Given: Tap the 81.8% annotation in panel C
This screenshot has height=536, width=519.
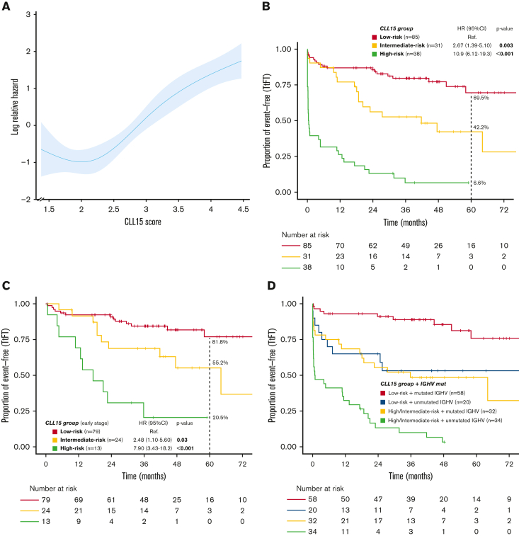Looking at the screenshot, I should [219, 342].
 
